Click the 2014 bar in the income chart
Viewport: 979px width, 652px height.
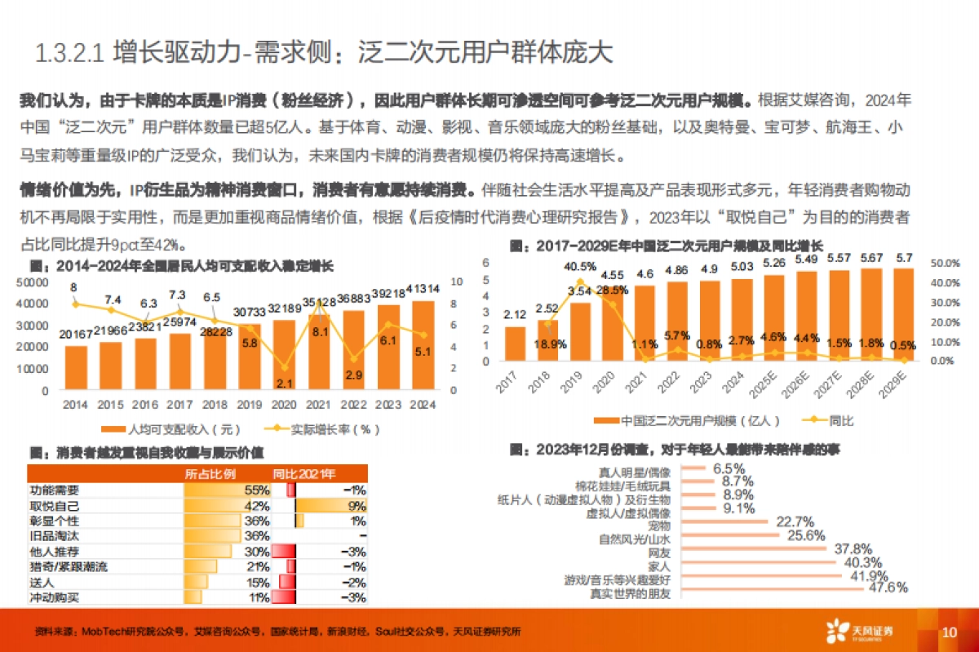[x=76, y=370]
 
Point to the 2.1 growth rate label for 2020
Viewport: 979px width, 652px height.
[x=285, y=384]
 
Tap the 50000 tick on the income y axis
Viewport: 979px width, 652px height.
[x=32, y=282]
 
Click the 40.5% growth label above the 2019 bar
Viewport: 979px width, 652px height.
[x=580, y=266]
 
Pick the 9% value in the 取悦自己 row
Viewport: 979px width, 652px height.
[x=357, y=506]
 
